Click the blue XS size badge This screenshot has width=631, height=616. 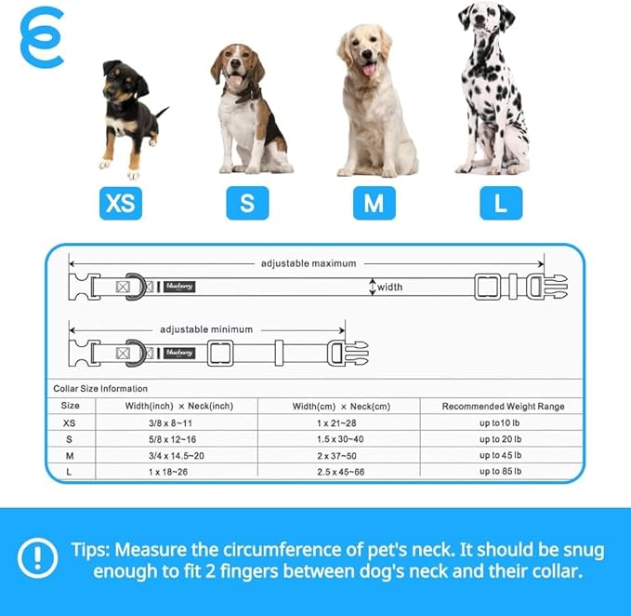[x=120, y=203]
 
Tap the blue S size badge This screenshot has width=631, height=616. [x=247, y=203]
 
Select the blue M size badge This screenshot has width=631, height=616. [x=373, y=203]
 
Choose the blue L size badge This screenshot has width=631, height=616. [x=501, y=203]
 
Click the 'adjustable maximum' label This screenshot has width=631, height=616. [x=309, y=263]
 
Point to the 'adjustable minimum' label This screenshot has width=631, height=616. [x=206, y=329]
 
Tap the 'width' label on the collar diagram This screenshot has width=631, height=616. [x=389, y=288]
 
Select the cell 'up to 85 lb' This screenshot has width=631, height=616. [x=503, y=472]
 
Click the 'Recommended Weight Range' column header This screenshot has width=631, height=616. [x=503, y=406]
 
